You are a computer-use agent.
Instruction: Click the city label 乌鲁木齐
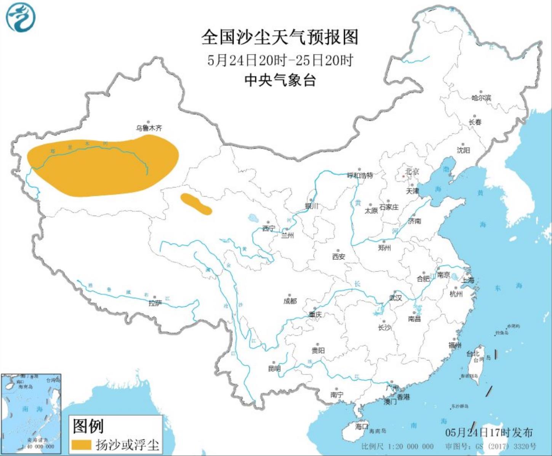click(149, 128)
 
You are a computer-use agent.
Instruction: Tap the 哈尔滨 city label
click(481, 98)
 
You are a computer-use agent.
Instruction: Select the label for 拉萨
click(155, 303)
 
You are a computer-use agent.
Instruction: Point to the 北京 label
click(412, 171)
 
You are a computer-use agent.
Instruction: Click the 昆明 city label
click(274, 368)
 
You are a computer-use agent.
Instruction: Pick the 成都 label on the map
click(290, 301)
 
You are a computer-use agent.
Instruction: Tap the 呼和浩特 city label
click(360, 176)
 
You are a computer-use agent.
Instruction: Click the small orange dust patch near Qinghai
click(196, 204)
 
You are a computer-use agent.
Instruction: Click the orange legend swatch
click(81, 445)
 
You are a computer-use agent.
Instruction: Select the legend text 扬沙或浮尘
click(127, 445)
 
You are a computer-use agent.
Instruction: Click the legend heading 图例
click(88, 426)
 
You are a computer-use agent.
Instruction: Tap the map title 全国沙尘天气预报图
click(280, 37)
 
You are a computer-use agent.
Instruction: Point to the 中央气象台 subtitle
click(280, 80)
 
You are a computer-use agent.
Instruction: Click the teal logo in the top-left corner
click(21, 17)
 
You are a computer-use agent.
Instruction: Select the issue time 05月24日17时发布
click(489, 432)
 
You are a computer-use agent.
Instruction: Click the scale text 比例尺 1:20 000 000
click(397, 446)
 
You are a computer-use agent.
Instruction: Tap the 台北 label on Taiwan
click(472, 354)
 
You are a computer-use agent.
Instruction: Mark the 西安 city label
click(338, 256)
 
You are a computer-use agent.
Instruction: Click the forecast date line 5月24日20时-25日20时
click(280, 60)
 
